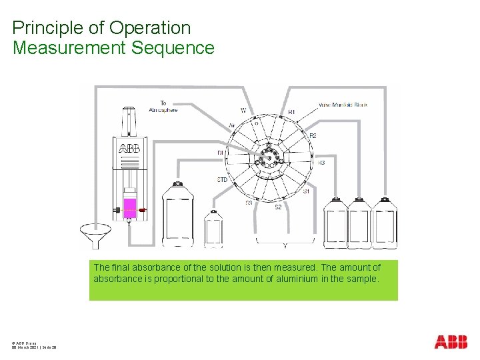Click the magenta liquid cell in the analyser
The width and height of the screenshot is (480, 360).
[x=131, y=207]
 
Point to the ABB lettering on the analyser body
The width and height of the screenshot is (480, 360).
[x=129, y=148]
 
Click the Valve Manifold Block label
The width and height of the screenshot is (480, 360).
[x=343, y=105]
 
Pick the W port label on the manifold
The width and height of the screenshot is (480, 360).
[x=243, y=111]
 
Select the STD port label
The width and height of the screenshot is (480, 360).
[x=222, y=180]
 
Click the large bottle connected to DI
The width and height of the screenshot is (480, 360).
[x=178, y=217]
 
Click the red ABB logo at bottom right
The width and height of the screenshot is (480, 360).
[x=451, y=342]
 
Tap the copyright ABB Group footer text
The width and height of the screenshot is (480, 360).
[x=24, y=343]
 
